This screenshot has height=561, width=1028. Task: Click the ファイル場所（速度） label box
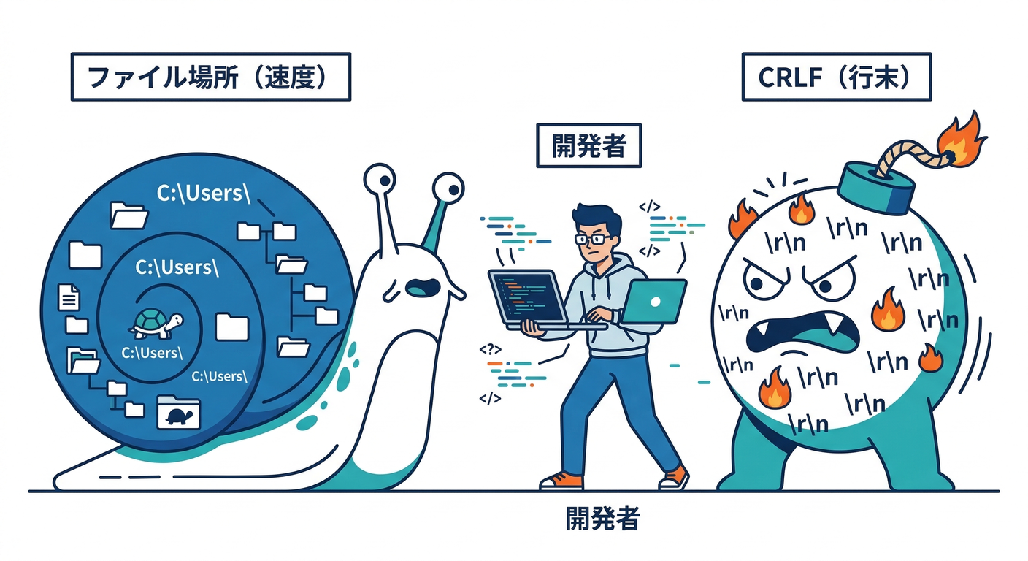click(x=210, y=77)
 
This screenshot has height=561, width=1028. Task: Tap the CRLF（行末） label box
click(x=836, y=77)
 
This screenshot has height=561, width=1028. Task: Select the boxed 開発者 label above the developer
click(x=588, y=146)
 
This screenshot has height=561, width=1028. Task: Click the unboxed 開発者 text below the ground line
click(x=603, y=519)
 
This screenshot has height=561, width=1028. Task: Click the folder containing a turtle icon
click(x=178, y=413)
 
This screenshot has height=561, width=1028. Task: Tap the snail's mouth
click(x=421, y=287)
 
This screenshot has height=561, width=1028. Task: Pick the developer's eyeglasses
click(x=594, y=238)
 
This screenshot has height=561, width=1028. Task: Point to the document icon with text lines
click(x=69, y=297)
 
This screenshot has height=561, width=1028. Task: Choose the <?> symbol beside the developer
click(x=489, y=349)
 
